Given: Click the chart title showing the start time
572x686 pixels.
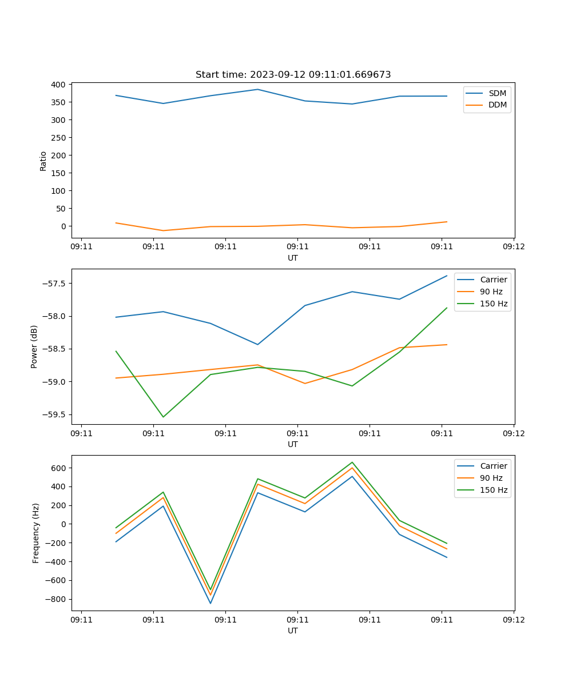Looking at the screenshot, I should (x=293, y=75).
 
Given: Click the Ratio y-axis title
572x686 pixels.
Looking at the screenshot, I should (x=43, y=161).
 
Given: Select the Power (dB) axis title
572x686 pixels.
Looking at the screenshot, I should (x=34, y=346).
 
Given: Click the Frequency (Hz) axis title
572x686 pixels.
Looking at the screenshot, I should (x=35, y=533).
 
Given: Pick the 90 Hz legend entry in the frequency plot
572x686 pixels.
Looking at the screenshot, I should (x=491, y=478).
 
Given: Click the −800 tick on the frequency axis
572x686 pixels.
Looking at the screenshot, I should (x=57, y=599).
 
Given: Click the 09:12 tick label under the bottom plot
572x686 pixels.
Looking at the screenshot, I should (x=513, y=619).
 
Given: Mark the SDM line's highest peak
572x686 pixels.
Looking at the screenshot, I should (x=257, y=89).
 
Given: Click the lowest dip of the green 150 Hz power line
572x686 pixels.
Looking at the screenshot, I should (x=163, y=417).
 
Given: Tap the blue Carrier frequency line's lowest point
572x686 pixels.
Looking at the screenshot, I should (x=210, y=603).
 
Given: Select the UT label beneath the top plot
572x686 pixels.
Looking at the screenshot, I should (x=293, y=258).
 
